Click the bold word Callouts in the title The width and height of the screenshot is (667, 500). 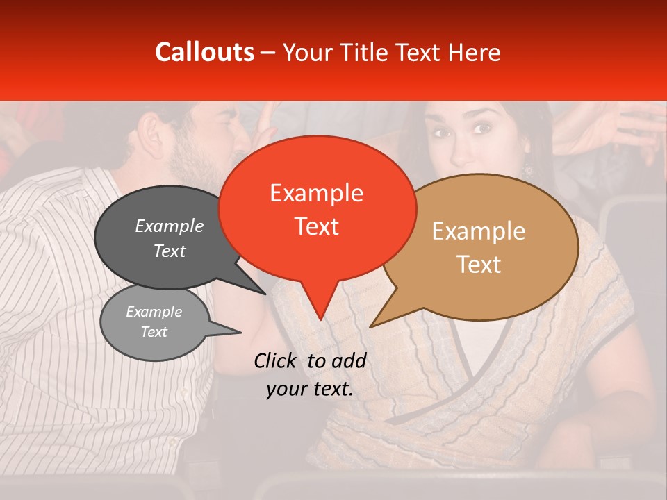pos(204,52)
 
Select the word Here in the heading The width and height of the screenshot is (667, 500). pos(472,52)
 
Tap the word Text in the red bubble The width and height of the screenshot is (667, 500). pos(316,226)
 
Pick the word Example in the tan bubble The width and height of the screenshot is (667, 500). pos(478,231)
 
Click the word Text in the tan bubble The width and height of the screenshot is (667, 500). pos(478,265)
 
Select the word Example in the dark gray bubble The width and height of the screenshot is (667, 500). pos(169,226)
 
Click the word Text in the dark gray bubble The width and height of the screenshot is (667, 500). pos(169,251)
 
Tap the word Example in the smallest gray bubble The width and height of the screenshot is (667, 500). pos(154,312)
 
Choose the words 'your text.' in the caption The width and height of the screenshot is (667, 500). pos(309,390)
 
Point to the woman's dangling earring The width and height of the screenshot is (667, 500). pos(527,169)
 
